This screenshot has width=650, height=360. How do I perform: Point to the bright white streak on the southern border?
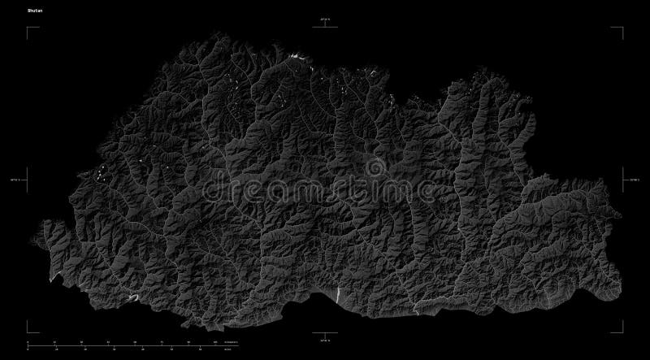[x=334, y=293]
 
